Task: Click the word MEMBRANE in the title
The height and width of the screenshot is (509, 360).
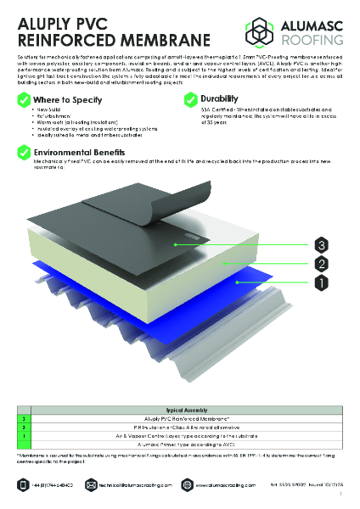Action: click(158, 40)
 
